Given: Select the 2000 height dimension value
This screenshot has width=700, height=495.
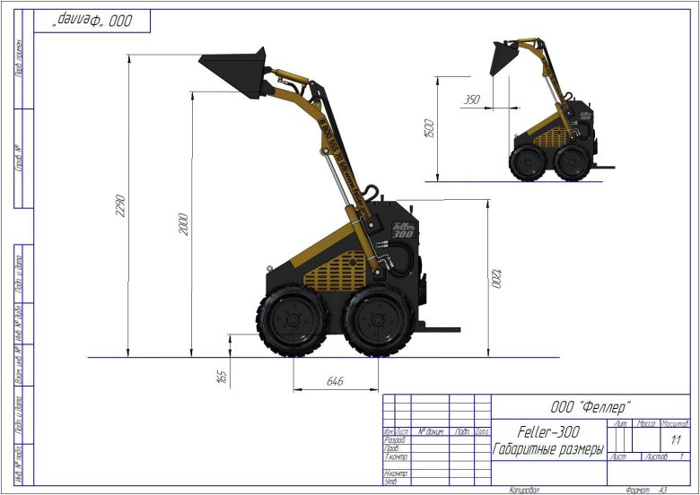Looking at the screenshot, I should [184, 223].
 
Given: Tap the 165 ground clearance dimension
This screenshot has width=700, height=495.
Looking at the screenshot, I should [221, 376].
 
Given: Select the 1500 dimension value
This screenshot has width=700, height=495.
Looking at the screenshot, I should [430, 128].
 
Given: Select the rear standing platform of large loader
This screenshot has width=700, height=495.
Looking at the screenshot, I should [434, 331].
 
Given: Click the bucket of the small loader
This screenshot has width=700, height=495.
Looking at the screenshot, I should [502, 58].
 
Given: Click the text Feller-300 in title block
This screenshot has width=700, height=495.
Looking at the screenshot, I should [548, 431].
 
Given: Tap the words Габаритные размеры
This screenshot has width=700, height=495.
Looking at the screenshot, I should [548, 447].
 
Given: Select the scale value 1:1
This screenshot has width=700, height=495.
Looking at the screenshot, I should [675, 440].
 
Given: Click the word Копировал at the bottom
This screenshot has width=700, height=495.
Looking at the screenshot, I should [523, 490].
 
